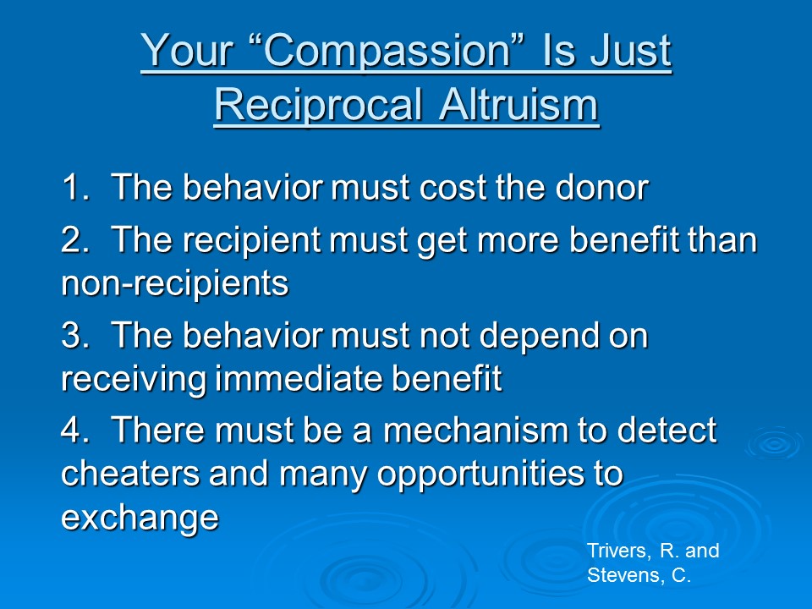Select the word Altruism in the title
click(x=518, y=104)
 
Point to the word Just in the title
click(x=631, y=51)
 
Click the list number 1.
click(x=75, y=187)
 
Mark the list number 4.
click(x=74, y=430)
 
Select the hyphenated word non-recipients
click(x=174, y=285)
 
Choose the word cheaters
click(x=130, y=473)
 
